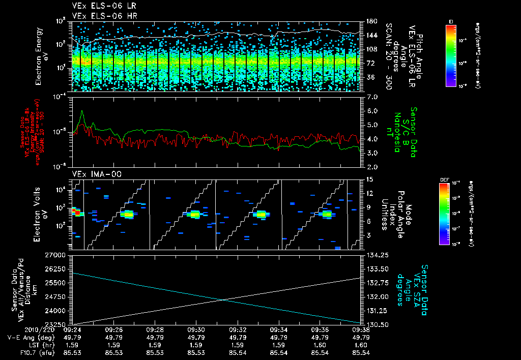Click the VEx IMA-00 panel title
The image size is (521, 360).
pos(92,174)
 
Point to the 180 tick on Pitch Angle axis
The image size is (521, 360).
pos(370,21)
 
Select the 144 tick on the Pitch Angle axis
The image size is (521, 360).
pos(370,36)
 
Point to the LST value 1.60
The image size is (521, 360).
pos(361,344)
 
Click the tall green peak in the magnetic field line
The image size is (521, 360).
pos(82,111)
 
